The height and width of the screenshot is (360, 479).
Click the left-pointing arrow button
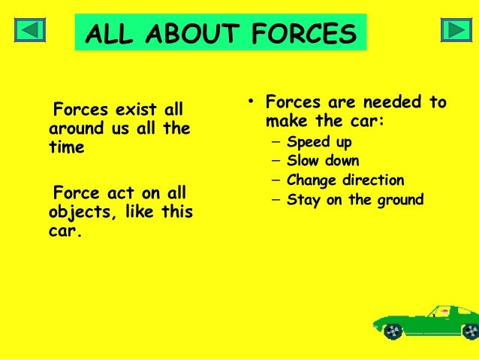[x=30, y=29]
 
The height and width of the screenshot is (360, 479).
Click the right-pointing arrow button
[x=455, y=29]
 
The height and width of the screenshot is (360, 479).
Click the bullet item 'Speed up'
[x=319, y=141]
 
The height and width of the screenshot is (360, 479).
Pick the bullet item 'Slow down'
[x=323, y=161]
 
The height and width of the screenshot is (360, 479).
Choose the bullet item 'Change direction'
[x=345, y=180]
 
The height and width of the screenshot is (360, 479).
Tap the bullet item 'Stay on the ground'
[x=355, y=200]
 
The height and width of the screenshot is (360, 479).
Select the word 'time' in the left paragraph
[x=67, y=148]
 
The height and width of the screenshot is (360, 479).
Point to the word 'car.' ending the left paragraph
[x=65, y=230]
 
